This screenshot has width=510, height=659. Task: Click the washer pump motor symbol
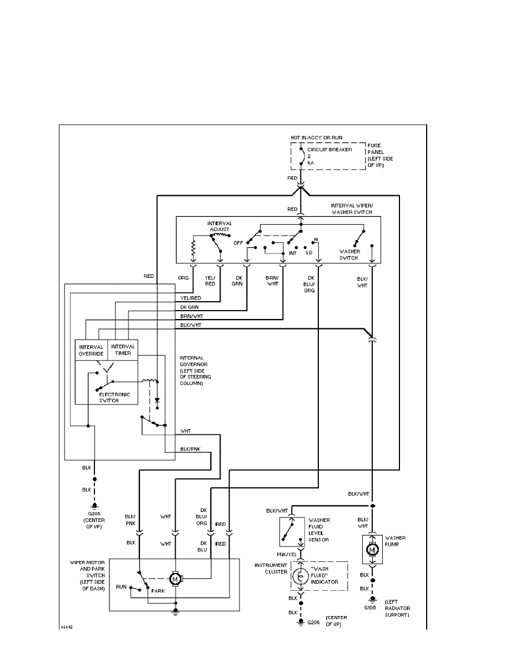(x=372, y=549)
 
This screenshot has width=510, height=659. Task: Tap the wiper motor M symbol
(x=176, y=580)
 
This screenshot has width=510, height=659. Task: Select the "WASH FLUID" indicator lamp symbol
(x=301, y=577)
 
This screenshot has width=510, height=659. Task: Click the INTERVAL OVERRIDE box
(x=91, y=350)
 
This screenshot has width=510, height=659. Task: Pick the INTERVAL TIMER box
(x=123, y=350)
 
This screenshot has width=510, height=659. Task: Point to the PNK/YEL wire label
(x=287, y=554)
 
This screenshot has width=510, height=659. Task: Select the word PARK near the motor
(x=159, y=591)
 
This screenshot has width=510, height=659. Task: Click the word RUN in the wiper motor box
(x=121, y=586)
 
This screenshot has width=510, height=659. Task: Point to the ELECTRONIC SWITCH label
(x=114, y=398)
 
